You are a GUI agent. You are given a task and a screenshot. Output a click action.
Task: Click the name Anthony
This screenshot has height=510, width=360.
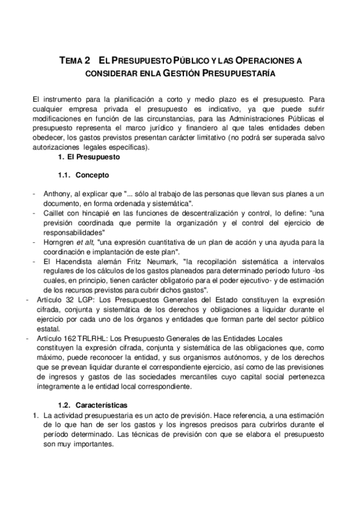pos(57,194)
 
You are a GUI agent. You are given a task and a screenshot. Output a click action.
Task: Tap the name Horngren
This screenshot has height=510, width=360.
pos(59,242)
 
